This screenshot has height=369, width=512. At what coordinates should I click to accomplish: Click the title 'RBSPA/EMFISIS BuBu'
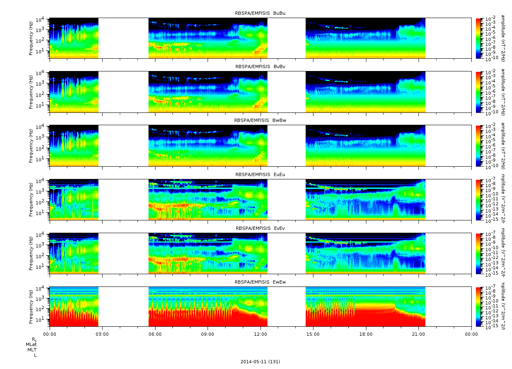[260, 13]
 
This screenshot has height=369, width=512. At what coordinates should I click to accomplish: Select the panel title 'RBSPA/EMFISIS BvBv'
[260, 66]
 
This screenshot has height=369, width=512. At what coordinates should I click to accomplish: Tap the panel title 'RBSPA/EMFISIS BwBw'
[260, 120]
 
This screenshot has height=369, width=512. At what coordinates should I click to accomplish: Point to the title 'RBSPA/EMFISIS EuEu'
[260, 174]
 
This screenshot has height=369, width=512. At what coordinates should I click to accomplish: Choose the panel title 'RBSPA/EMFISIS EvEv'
[260, 228]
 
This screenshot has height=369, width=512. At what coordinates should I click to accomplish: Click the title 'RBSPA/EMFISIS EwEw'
[260, 282]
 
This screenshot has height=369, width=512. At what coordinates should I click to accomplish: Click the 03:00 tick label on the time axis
[102, 334]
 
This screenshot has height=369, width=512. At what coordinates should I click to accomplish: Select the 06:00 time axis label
[155, 334]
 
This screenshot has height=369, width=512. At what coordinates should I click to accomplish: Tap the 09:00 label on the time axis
[208, 334]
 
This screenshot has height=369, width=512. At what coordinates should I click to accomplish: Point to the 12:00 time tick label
[261, 334]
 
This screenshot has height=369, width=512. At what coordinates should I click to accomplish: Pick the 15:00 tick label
[313, 334]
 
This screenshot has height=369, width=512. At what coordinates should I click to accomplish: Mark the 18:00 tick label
[366, 334]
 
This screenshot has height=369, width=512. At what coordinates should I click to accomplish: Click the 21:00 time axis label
[418, 334]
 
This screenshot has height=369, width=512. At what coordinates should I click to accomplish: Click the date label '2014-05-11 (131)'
[260, 362]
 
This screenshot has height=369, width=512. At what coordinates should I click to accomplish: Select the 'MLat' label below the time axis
[31, 344]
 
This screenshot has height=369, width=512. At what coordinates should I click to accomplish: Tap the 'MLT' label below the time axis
[32, 350]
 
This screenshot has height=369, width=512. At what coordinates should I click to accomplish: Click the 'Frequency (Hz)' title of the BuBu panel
[31, 38]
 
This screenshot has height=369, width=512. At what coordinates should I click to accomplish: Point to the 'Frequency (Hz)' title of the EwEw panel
[31, 307]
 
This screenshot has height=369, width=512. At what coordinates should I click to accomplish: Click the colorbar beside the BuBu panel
[478, 38]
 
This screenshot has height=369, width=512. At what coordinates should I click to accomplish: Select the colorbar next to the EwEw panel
[478, 307]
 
